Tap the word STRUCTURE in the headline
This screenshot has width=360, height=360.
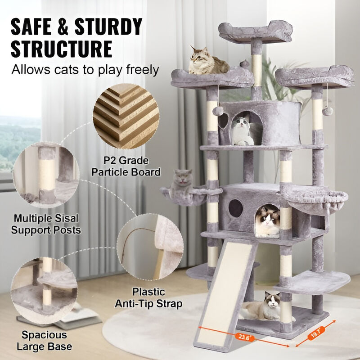[62, 49]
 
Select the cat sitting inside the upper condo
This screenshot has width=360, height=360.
[242, 130]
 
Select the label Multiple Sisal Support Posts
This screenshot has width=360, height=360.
[46, 224]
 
